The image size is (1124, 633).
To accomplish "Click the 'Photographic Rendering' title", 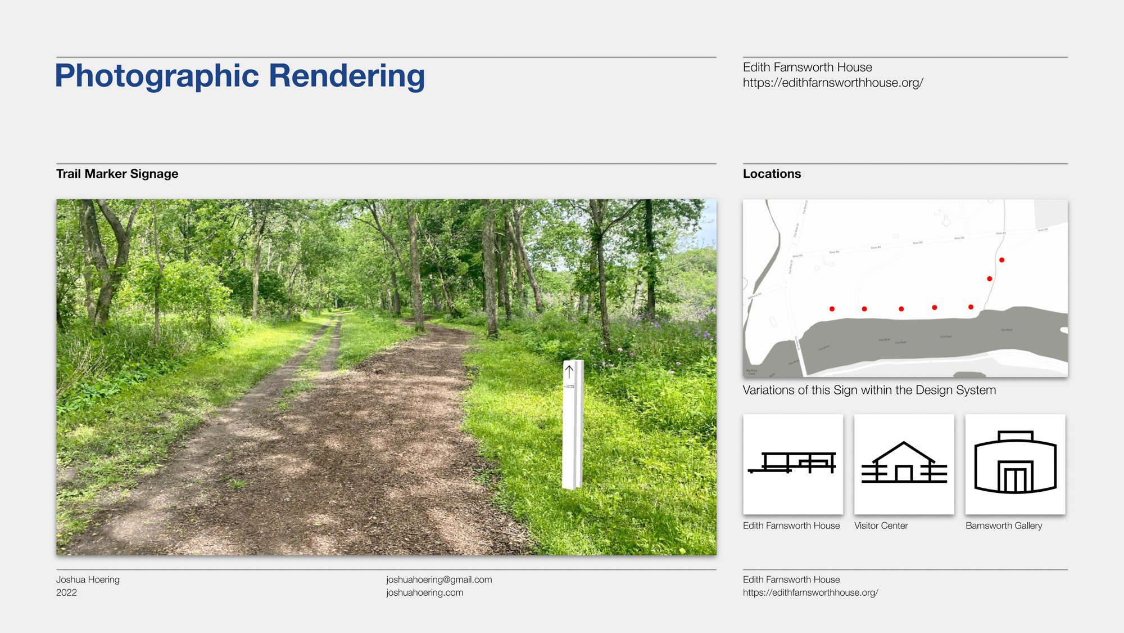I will tap(240, 76).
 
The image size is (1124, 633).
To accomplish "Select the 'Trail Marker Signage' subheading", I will tap(117, 174).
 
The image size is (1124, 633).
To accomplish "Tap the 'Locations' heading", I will tap(772, 174).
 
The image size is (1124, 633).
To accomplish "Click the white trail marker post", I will tap(573, 428).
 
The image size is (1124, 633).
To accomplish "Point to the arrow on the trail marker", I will tap(569, 371).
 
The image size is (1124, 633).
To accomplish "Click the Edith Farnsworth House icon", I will tap(792, 464).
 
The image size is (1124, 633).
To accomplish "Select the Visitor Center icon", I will tap(904, 464).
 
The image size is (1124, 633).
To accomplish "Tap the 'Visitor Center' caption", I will tap(881, 526).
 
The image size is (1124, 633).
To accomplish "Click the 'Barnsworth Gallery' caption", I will tap(1004, 526).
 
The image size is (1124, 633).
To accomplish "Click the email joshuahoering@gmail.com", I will tap(439, 580).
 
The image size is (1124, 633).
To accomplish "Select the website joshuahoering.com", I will tap(424, 592).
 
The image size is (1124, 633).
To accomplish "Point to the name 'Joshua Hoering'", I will tap(88, 580).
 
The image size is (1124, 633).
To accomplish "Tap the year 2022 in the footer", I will tap(66, 592).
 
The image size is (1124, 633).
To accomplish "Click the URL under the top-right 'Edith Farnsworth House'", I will tap(833, 83).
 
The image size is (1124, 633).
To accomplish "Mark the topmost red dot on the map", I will tap(1001, 260).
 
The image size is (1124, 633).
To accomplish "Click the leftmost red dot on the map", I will tap(832, 309).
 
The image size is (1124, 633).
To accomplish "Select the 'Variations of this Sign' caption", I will tap(869, 390).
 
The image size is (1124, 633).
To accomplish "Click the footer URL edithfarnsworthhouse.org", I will tap(810, 592).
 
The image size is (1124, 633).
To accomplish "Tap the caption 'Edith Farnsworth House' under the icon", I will tap(791, 526).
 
